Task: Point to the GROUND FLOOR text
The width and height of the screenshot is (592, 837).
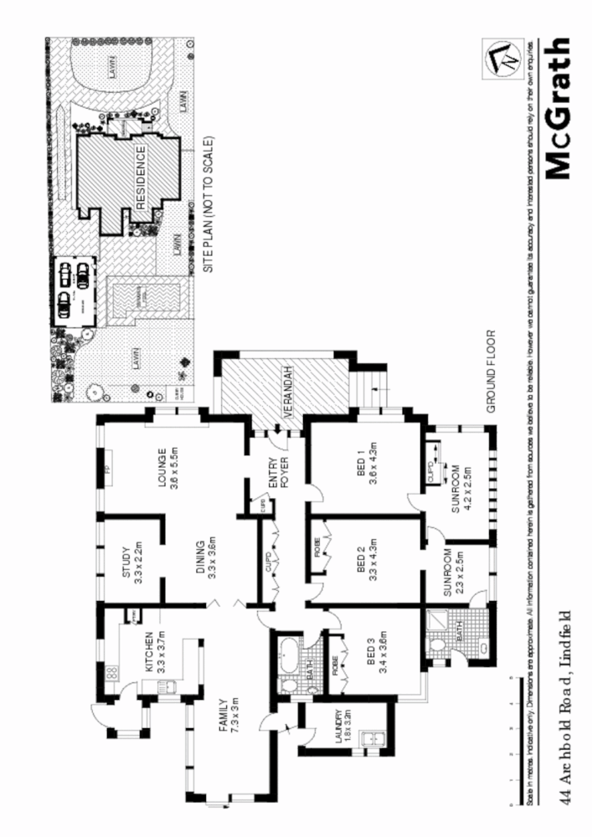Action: (x=494, y=372)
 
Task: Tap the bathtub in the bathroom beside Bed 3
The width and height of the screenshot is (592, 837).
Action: (x=288, y=653)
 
